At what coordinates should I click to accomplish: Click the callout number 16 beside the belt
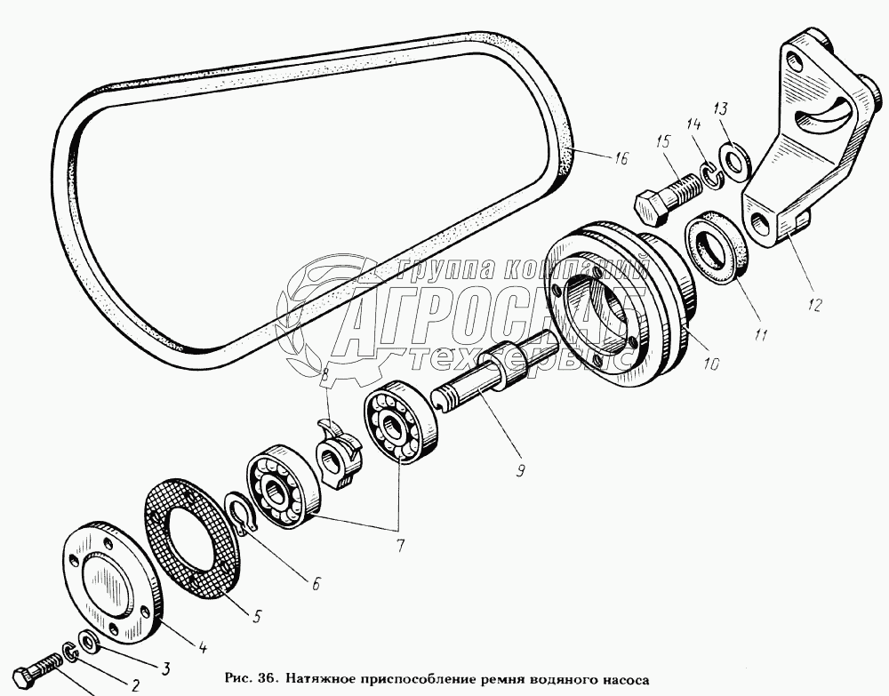621,157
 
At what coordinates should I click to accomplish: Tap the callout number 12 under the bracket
814,305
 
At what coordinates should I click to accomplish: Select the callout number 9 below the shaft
520,469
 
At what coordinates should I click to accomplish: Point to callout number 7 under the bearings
400,545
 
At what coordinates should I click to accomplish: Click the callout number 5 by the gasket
257,616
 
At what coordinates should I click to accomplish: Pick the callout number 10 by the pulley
711,363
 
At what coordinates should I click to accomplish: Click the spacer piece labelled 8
339,453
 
